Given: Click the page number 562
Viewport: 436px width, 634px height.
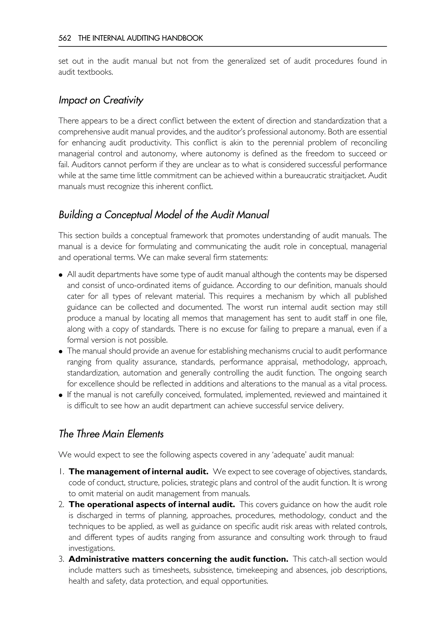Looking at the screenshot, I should pyautogui.click(x=65, y=38).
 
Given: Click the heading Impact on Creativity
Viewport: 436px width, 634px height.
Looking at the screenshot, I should pyautogui.click(x=101, y=100).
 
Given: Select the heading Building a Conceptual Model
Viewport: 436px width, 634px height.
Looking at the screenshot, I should pyautogui.click(x=164, y=215).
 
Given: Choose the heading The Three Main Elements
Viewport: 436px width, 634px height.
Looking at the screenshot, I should pyautogui.click(x=111, y=434).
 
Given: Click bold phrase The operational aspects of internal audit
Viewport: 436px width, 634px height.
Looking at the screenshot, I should pyautogui.click(x=152, y=504).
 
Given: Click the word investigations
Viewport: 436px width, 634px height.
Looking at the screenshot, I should pyautogui.click(x=92, y=548).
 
